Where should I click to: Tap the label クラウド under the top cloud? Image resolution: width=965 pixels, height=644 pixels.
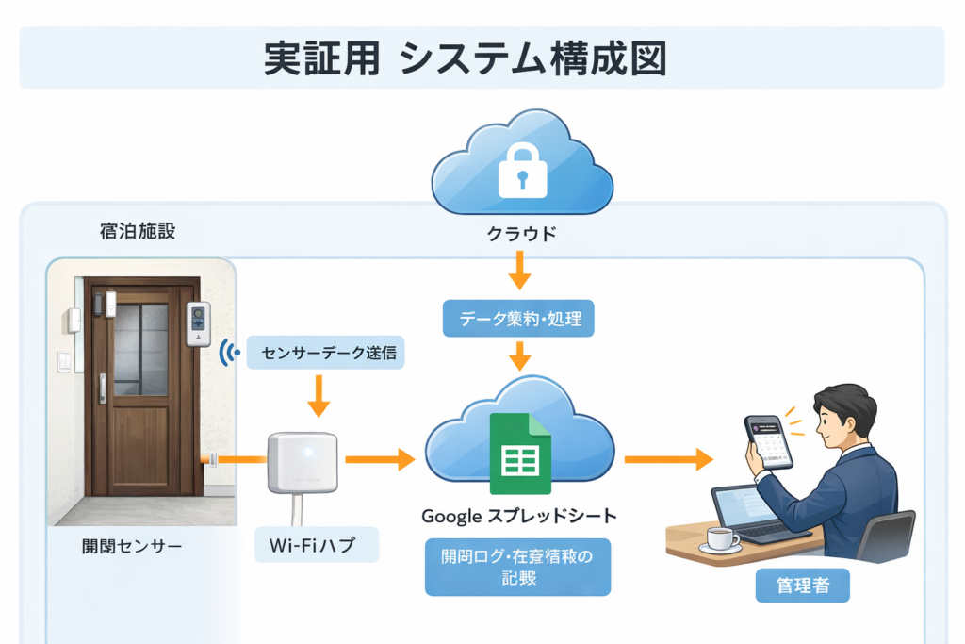521,233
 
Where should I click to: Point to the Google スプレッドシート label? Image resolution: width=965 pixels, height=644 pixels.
518,516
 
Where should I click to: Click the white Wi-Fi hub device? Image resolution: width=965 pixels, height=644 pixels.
302,462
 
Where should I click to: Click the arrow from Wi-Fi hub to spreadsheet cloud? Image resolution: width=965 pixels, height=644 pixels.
380,459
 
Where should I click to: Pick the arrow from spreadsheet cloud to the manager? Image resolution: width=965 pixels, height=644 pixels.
668,459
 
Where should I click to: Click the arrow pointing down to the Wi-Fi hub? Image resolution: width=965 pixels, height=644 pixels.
319,396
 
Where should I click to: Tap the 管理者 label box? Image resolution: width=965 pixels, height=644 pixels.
803,586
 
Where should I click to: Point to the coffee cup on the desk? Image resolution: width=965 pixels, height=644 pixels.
721,539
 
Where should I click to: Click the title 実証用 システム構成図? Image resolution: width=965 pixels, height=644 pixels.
465,58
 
